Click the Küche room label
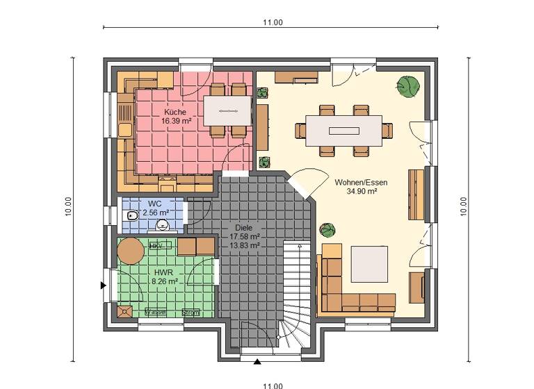(x=175, y=112)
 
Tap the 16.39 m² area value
(x=177, y=121)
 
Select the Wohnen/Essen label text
(x=361, y=182)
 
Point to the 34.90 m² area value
(x=362, y=191)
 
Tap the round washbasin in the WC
(x=163, y=224)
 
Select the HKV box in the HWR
(x=156, y=246)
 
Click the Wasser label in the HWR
(x=156, y=313)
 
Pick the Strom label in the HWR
(x=190, y=313)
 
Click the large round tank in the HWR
(x=130, y=251)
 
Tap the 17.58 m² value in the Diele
(x=245, y=236)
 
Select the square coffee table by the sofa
(x=369, y=263)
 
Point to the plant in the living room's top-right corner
(x=408, y=85)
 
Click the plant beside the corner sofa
(x=327, y=230)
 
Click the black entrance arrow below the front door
(x=258, y=361)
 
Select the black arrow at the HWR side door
(x=104, y=285)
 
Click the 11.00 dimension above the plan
(x=273, y=22)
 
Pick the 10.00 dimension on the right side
(x=463, y=206)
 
